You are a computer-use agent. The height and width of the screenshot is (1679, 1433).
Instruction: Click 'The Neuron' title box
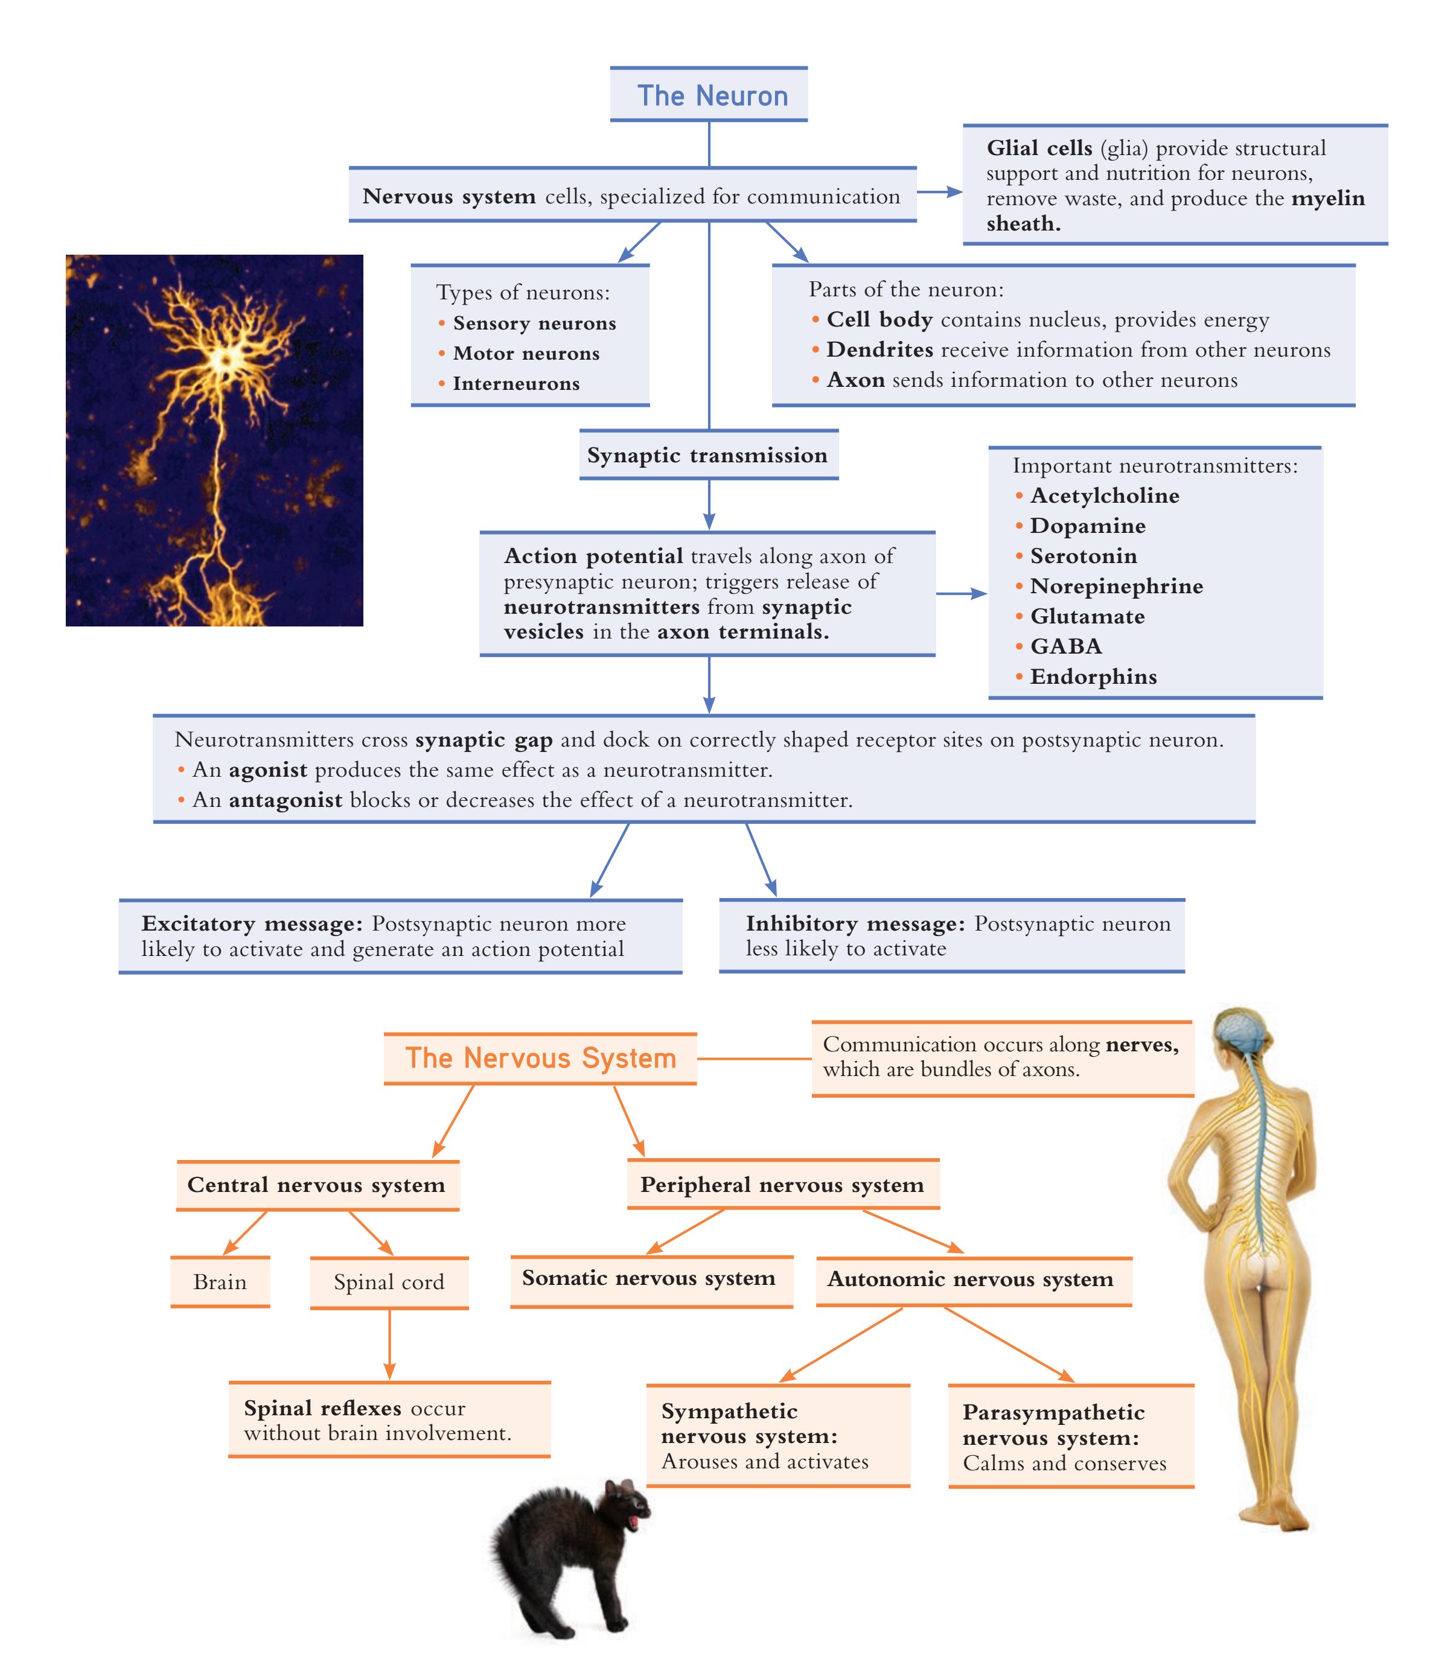(x=709, y=94)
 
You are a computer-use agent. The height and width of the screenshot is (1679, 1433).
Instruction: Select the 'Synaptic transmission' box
(x=709, y=454)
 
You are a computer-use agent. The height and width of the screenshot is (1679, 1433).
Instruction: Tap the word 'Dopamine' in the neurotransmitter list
(x=1087, y=526)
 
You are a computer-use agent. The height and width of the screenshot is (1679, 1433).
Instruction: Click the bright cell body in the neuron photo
(x=225, y=357)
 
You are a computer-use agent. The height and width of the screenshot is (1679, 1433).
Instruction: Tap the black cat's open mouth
(x=634, y=1522)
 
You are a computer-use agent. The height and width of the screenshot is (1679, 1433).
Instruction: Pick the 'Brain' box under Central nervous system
(x=220, y=1281)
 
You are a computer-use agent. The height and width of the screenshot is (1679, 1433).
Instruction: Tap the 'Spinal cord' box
(x=389, y=1282)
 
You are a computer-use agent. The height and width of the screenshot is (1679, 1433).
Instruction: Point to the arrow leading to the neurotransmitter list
(x=962, y=593)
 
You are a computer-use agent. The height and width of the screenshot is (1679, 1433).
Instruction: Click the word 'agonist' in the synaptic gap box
(x=267, y=770)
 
